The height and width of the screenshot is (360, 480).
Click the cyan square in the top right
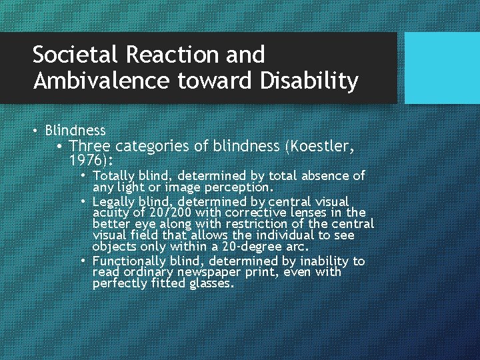click(x=442, y=68)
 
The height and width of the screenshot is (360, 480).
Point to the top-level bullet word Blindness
click(x=75, y=130)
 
